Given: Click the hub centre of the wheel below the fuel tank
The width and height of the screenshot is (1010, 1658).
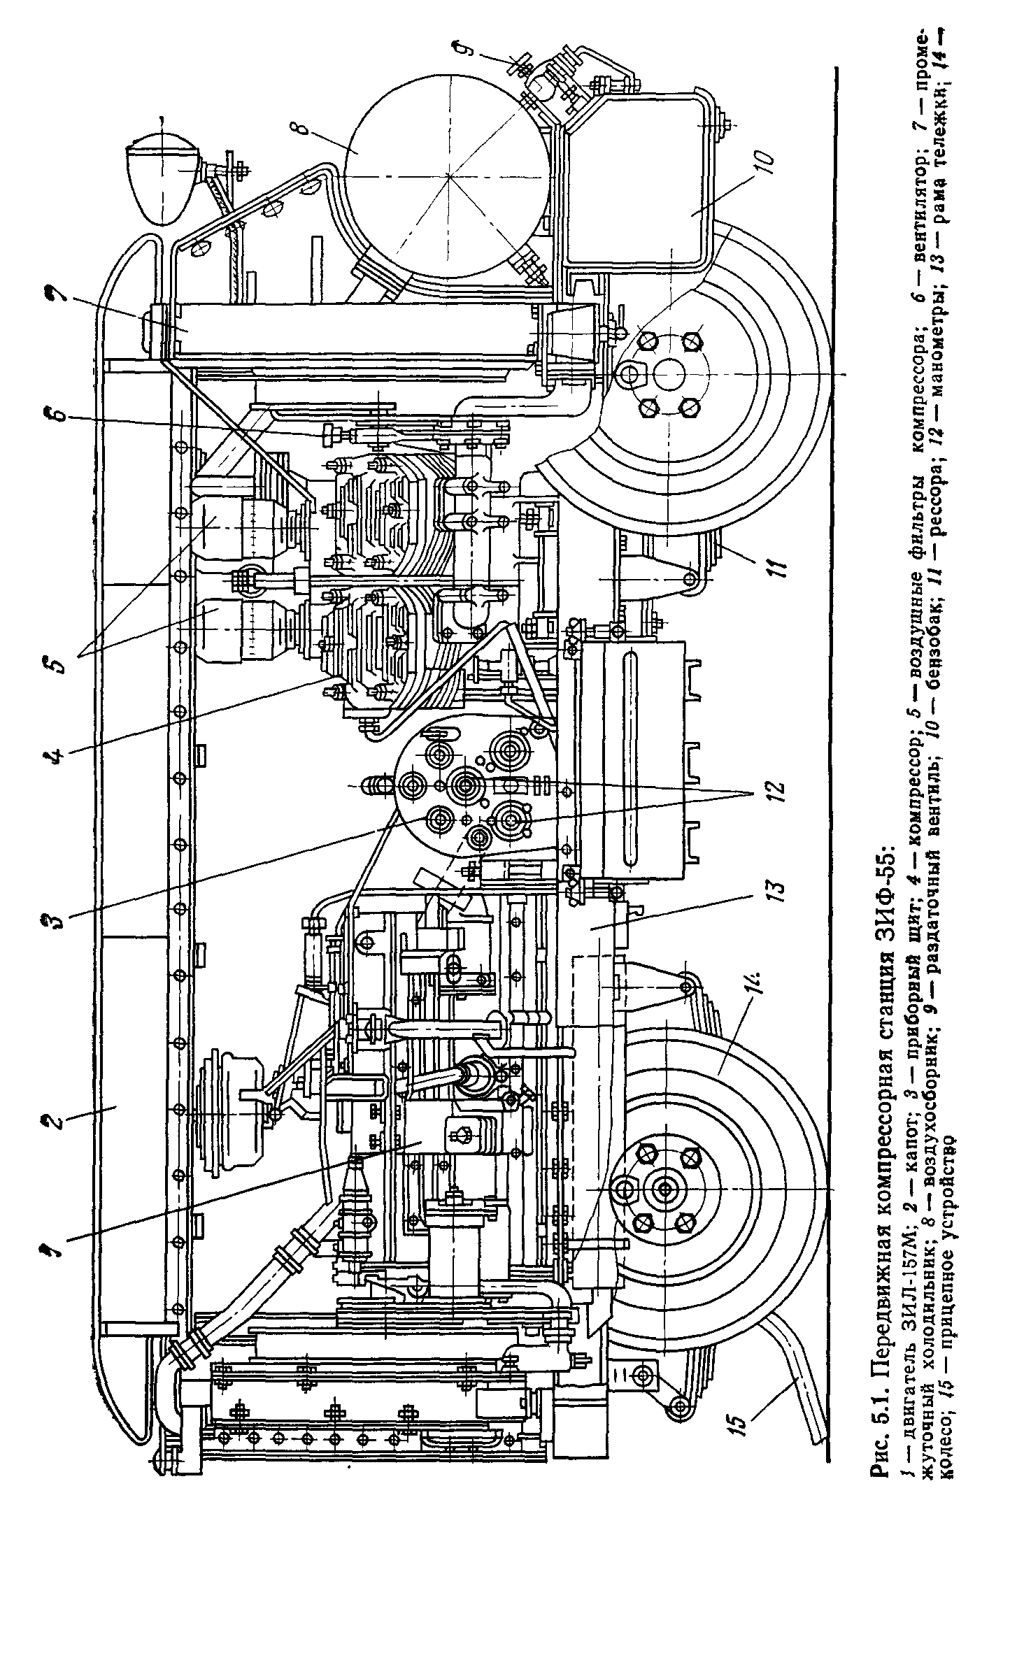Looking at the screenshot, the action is pos(668,375).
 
